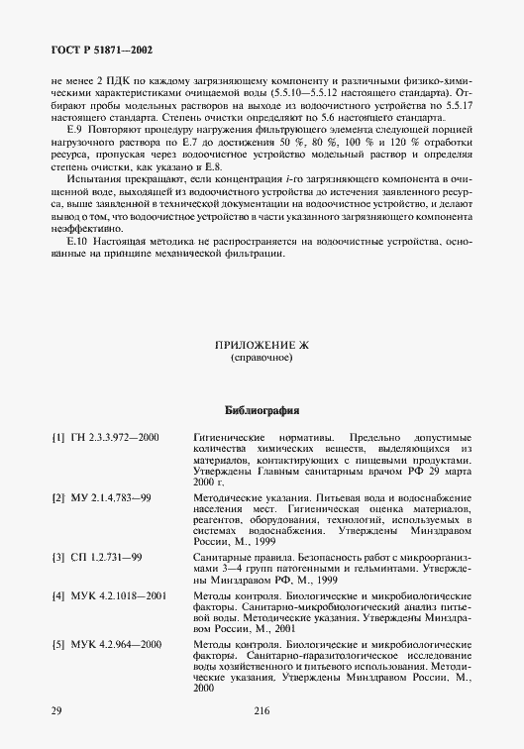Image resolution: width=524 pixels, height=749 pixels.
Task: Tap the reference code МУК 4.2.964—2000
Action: (x=116, y=644)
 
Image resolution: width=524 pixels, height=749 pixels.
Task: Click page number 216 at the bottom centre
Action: (x=262, y=710)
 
